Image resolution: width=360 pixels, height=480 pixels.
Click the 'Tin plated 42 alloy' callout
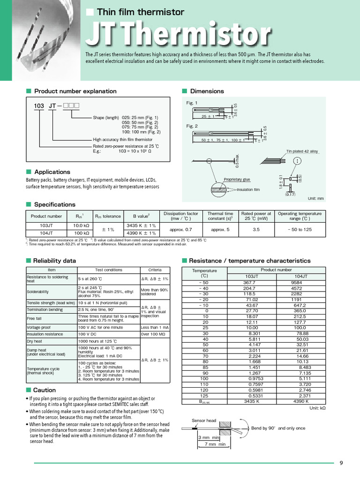pyautogui.click(x=302, y=151)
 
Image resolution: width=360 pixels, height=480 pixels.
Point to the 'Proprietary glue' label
pyautogui.click(x=237, y=179)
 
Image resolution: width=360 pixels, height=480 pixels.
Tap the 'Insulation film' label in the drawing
pyautogui.click(x=248, y=190)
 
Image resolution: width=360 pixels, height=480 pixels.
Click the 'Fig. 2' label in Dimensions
pyautogui.click(x=192, y=126)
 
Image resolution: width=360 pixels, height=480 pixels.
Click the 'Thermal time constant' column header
pyautogui.click(x=220, y=216)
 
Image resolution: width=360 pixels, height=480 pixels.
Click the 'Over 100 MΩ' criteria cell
pyautogui.click(x=155, y=334)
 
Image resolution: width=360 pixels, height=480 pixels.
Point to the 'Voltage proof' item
pyautogui.click(x=39, y=327)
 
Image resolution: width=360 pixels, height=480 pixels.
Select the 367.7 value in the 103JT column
pyautogui.click(x=249, y=283)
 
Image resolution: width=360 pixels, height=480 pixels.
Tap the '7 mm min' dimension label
pyautogui.click(x=216, y=444)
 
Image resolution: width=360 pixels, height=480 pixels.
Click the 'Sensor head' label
pyautogui.click(x=204, y=420)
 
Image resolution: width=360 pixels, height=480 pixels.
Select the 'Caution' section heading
pyautogui.click(x=44, y=390)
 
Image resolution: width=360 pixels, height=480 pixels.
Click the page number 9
pyautogui.click(x=341, y=464)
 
